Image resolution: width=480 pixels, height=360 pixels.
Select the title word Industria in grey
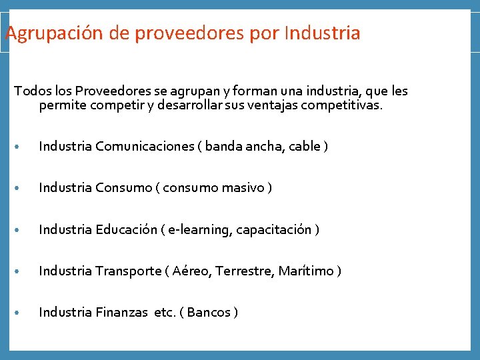(x=322, y=33)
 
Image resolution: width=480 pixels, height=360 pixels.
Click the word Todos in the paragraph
(x=29, y=91)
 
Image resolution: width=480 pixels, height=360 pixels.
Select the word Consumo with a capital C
(x=124, y=188)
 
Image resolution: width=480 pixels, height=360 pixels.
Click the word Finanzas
(x=120, y=313)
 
